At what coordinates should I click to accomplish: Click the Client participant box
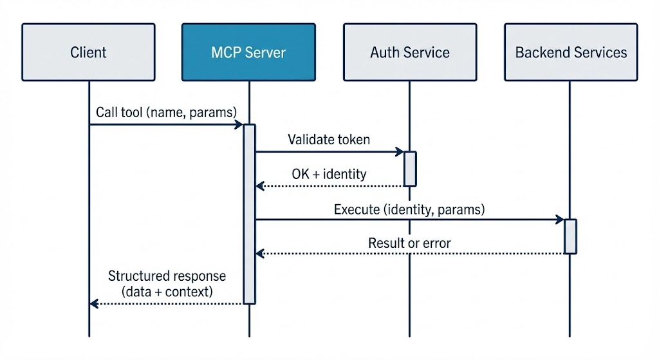click(88, 52)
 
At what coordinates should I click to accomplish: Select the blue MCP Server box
click(248, 52)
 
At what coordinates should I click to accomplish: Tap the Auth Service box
click(409, 52)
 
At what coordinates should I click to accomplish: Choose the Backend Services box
click(571, 52)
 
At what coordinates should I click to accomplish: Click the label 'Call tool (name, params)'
click(166, 112)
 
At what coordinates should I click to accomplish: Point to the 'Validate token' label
click(329, 139)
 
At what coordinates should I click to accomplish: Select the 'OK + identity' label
click(329, 174)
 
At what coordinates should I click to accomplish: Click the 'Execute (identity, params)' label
click(409, 209)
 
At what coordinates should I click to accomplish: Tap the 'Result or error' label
click(409, 243)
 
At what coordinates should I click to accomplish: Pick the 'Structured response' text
click(167, 276)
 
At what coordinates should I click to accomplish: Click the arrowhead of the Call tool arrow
click(239, 124)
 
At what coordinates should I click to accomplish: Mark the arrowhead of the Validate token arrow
click(400, 152)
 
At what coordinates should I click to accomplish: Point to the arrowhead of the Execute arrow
click(561, 220)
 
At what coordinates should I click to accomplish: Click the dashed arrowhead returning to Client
click(94, 303)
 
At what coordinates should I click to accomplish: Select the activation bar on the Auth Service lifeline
click(410, 169)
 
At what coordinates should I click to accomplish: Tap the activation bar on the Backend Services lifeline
click(570, 236)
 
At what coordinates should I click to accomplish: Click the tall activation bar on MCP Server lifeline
click(249, 213)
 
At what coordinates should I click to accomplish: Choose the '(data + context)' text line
click(167, 291)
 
